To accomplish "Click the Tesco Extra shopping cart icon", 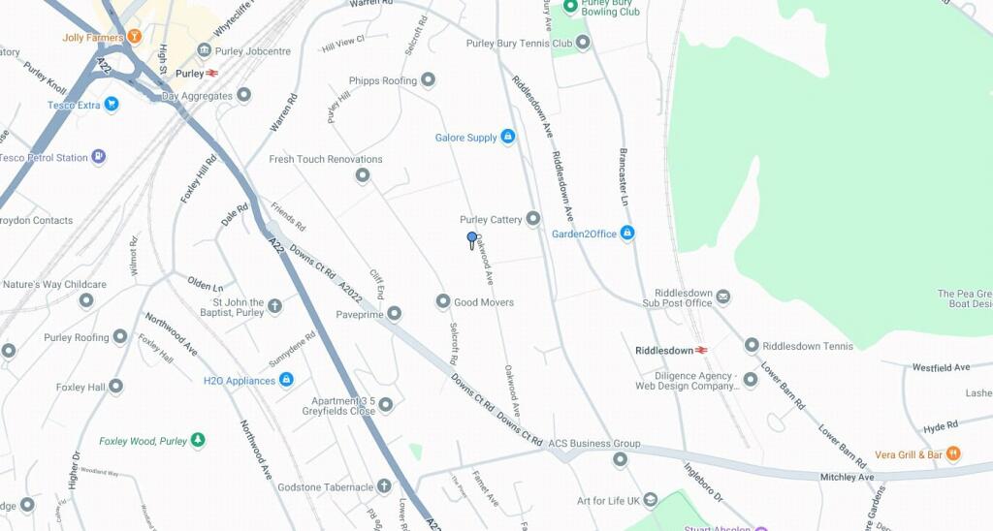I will point(112,104).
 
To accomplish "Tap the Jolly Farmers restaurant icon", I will point(134,37).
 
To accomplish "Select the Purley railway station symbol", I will point(211,73).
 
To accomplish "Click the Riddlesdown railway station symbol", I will point(701,350).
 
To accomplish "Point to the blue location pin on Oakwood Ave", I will point(472,238).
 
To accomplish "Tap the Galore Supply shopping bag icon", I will point(507,138).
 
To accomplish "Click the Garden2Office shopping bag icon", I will point(627,233).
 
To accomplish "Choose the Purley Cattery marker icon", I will point(532,219).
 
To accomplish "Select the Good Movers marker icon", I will point(443,301).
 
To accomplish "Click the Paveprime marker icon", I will point(395,313).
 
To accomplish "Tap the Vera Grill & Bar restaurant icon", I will point(954,453).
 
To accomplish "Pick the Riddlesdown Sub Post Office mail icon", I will point(723,297).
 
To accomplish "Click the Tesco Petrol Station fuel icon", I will point(98,157).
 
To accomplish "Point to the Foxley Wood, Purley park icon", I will point(199,440).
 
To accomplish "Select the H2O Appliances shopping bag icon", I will point(286,380).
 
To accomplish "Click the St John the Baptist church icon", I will point(274,306).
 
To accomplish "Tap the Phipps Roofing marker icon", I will point(428,79).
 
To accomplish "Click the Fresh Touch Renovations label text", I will point(326,159).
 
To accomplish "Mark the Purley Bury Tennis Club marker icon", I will point(582,43).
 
